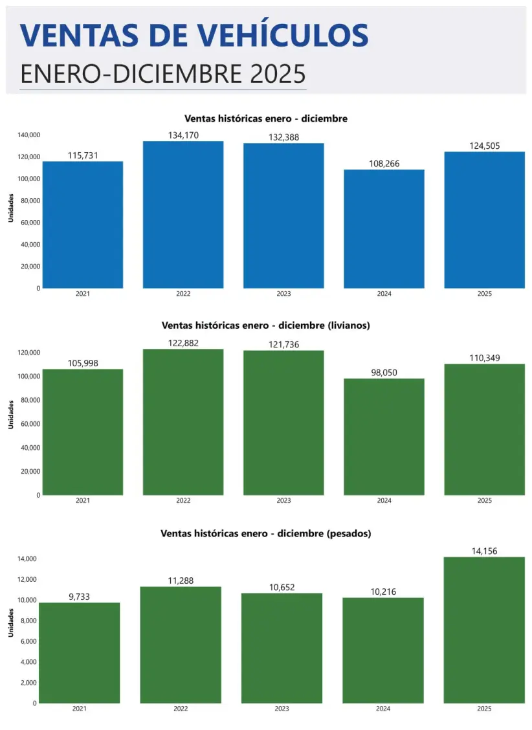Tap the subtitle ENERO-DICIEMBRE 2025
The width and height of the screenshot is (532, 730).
click(x=162, y=74)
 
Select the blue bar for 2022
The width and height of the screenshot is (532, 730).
click(x=183, y=215)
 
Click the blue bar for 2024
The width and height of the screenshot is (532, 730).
click(x=384, y=229)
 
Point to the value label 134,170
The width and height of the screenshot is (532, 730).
click(x=183, y=135)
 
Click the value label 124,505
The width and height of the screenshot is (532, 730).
click(x=484, y=146)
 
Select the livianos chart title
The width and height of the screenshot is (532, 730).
click(x=265, y=326)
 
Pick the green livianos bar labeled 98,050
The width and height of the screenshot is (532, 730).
click(x=384, y=437)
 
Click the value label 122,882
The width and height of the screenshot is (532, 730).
click(x=183, y=343)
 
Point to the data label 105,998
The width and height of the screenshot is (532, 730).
click(x=83, y=363)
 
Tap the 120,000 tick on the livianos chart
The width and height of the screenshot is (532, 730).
click(x=29, y=353)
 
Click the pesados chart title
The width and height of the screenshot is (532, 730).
click(x=265, y=533)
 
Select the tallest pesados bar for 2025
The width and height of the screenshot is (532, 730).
click(x=484, y=630)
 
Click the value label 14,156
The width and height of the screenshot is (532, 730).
click(x=484, y=551)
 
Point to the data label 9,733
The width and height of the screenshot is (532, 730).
click(x=80, y=597)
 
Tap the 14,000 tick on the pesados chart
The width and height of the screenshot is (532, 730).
click(x=27, y=559)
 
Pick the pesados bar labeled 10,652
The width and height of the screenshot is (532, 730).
click(x=282, y=648)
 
